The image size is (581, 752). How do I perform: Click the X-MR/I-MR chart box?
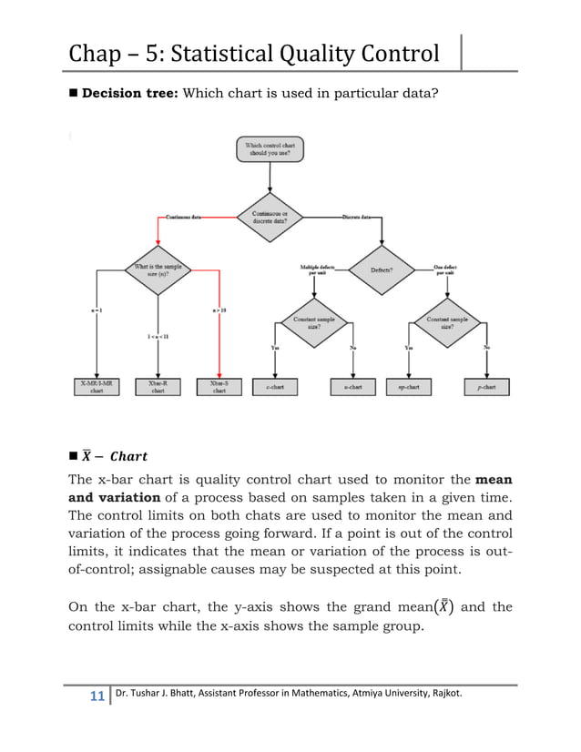point(97,387)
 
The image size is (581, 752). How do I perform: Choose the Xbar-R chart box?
point(158,387)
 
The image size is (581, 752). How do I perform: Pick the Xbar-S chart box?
point(219,387)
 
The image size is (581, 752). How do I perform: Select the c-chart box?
point(275,387)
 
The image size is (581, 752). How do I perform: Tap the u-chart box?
point(353,387)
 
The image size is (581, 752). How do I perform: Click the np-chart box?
point(409,387)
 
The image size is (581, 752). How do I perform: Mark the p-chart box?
point(487,387)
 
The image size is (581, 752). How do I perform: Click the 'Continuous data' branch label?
point(183,218)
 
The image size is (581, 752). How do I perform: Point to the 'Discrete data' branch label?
point(355,218)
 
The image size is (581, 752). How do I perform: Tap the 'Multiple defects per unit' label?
point(316,269)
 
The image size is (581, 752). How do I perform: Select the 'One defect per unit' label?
point(445,269)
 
